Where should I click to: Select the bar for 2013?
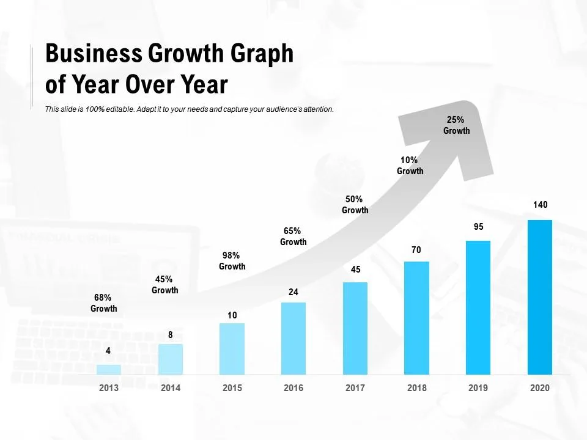[109, 370]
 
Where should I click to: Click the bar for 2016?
[293, 339]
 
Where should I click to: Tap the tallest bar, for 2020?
[540, 297]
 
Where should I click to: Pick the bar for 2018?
[416, 318]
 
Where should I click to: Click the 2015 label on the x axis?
[232, 388]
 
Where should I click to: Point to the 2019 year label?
[478, 388]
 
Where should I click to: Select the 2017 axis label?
[355, 388]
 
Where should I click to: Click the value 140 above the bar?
[540, 205]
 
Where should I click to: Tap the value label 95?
[478, 227]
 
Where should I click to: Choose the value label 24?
[293, 292]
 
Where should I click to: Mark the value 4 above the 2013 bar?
[108, 351]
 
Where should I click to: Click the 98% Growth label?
[232, 261]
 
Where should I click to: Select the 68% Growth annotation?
[104, 303]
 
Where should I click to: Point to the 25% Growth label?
[456, 125]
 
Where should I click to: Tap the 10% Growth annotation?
[410, 166]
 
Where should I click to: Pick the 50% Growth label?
[355, 205]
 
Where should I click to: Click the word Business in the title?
[93, 55]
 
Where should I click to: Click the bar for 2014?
[171, 359]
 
